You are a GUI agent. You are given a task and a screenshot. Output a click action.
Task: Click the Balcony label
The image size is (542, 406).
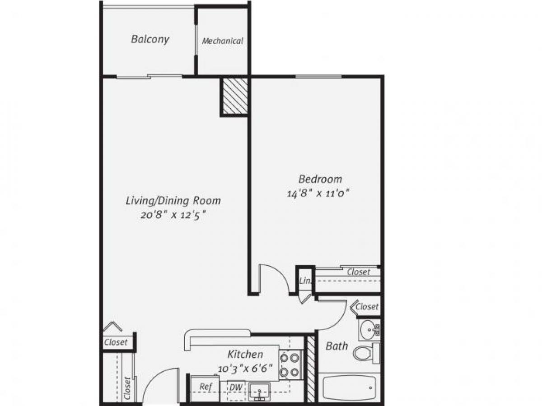(x=150, y=39)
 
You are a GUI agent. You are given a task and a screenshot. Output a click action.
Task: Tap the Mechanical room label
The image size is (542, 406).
(x=222, y=41)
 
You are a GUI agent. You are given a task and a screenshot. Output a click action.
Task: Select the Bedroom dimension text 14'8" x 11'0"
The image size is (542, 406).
(x=319, y=194)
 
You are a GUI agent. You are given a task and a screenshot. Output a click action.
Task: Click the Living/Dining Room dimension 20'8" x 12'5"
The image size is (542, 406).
(x=173, y=215)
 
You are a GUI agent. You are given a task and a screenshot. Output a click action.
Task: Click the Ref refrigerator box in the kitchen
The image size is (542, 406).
(x=206, y=387)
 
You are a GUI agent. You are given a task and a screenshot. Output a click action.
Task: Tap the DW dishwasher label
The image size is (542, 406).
(x=235, y=387)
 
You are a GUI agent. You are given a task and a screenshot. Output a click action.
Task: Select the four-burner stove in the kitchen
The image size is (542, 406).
(x=290, y=365)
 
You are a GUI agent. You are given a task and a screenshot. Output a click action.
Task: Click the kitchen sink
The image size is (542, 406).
(x=259, y=391)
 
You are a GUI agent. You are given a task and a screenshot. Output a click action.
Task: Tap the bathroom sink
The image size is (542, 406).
(x=369, y=330)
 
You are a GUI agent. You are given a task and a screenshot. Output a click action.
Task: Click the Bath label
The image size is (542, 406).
(x=337, y=346)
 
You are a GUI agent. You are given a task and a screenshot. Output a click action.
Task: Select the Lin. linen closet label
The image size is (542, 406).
(x=305, y=281)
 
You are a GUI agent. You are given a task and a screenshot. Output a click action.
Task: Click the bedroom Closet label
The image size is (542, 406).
(x=359, y=272)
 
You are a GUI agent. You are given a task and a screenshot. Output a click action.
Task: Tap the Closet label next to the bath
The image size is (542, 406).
(x=367, y=307)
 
